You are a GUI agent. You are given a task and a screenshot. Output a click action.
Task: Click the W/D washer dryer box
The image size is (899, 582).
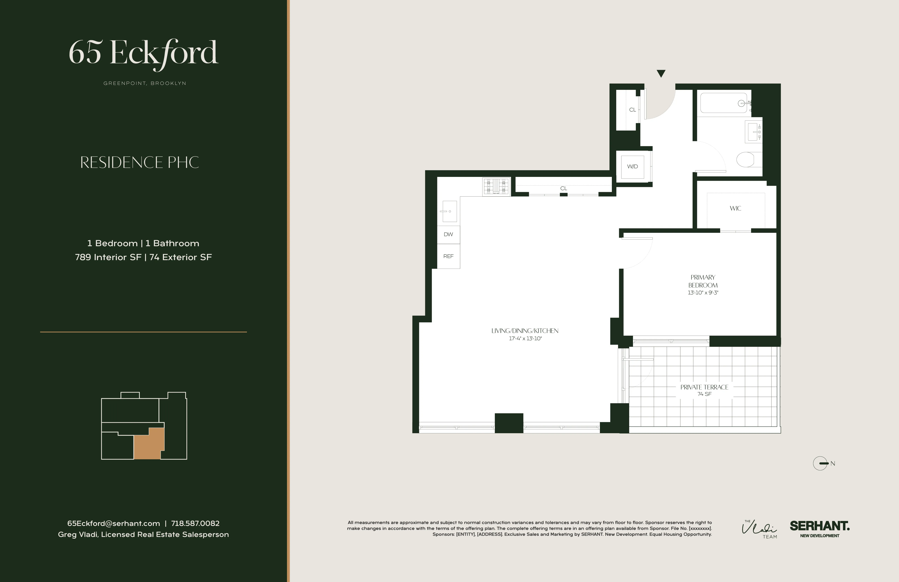(632, 166)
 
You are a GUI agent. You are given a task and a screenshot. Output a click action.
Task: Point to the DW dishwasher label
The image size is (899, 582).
(448, 234)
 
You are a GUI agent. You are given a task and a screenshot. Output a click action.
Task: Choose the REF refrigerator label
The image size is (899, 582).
(448, 256)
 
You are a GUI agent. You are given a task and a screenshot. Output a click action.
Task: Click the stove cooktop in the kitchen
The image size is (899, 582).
(496, 187)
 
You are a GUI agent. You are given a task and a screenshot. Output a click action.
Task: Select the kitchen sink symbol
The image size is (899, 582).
(449, 211)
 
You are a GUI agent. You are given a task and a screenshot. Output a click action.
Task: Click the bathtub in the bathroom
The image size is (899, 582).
(723, 103)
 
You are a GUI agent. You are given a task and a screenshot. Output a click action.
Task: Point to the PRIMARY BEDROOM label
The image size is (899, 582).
(703, 281)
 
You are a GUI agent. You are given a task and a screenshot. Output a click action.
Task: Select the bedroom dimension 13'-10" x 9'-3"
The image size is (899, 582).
(703, 293)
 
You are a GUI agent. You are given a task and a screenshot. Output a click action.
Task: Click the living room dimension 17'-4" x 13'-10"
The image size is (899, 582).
(525, 339)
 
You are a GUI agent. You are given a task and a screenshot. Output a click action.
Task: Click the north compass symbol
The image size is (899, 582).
(820, 463)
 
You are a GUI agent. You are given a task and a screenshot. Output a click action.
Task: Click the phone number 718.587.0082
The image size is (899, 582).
(195, 523)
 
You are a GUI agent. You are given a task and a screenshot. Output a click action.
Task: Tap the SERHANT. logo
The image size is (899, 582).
(819, 526)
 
